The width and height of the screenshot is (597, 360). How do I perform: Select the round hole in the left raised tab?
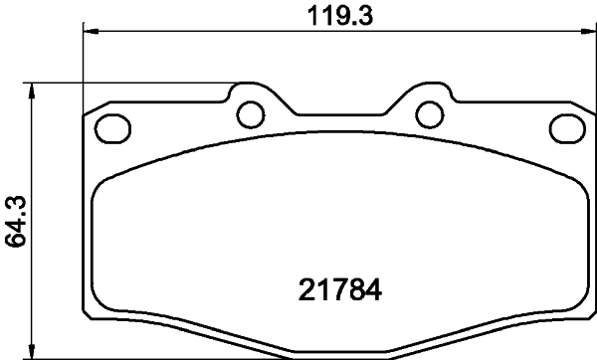coord(250,113)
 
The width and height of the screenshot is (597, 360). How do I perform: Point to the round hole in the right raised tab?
coord(430,113)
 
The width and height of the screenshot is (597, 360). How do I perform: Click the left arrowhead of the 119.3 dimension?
coord(91,32)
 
